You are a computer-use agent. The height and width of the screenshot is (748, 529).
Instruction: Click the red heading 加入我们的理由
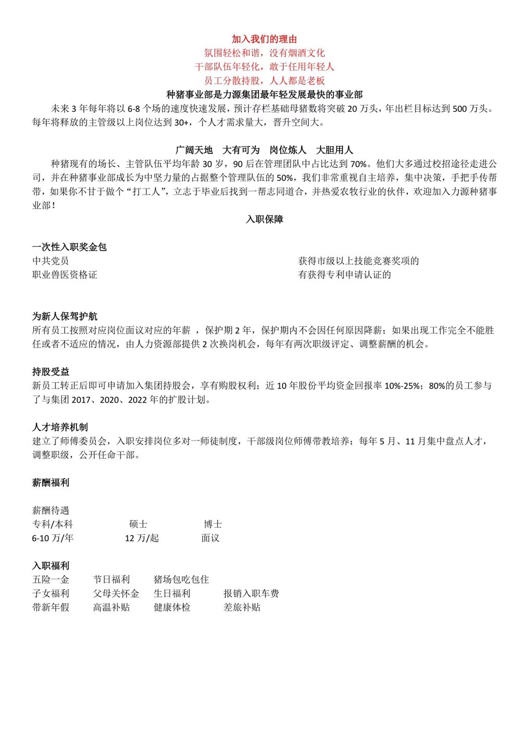point(264,39)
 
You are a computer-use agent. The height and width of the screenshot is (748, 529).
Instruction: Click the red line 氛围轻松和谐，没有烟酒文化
point(264,53)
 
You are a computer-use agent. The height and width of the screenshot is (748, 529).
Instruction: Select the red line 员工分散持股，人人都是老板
point(264,81)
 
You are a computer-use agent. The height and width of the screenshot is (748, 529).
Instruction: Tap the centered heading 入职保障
point(264,219)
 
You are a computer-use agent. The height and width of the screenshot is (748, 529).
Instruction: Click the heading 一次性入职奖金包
point(70,247)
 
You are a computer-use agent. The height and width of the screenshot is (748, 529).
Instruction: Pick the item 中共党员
point(50,261)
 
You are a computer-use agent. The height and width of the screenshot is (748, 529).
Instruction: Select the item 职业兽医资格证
point(64,275)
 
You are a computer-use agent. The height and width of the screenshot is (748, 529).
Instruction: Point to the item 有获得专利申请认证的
point(344,275)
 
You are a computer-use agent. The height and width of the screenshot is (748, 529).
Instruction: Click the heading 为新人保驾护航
point(64,316)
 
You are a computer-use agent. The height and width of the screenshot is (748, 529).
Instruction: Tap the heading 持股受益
point(50,372)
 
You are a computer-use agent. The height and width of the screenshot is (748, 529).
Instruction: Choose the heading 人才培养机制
point(60,428)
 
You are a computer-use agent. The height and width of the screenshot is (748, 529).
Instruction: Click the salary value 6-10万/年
point(52,538)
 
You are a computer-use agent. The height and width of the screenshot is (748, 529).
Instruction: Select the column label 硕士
point(138,524)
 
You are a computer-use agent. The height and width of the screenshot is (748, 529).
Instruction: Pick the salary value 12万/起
point(142,538)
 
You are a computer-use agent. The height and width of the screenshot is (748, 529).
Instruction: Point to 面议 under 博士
point(210,538)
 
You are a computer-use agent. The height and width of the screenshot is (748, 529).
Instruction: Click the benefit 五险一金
point(50,580)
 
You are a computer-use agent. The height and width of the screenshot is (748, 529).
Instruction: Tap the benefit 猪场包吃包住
point(181,580)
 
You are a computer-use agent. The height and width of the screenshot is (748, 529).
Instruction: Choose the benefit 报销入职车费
point(251,594)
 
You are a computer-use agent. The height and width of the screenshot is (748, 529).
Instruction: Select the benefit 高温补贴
point(111,607)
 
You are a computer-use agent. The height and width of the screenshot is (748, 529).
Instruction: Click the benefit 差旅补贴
point(242,607)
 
